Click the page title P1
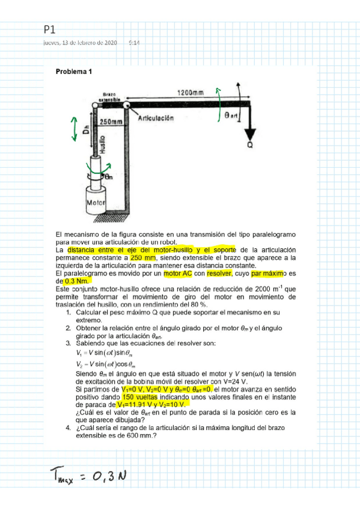[x=49, y=29]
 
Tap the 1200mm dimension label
[x=190, y=93]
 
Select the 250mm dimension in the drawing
[x=111, y=121]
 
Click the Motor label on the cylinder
[x=96, y=203]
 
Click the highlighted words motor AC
[x=175, y=273]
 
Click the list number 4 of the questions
[x=69, y=428]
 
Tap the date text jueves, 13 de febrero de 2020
[x=80, y=43]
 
